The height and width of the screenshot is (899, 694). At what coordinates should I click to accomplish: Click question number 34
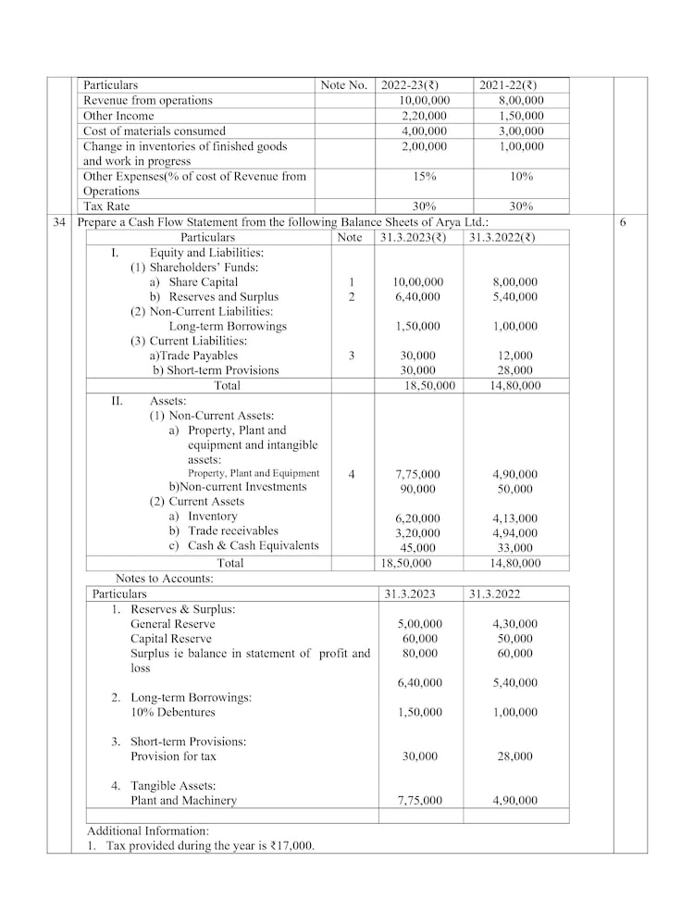[59, 223]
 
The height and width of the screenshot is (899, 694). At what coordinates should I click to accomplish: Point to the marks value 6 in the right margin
[622, 223]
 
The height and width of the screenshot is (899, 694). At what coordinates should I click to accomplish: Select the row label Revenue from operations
[148, 100]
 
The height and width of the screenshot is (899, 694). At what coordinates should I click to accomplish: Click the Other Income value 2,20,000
[424, 116]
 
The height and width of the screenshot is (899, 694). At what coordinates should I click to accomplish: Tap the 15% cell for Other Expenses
[424, 176]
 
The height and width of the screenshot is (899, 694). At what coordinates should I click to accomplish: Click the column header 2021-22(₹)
[510, 85]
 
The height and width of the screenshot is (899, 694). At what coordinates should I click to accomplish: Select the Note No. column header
[344, 85]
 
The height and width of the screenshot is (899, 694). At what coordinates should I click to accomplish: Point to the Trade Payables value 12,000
[514, 356]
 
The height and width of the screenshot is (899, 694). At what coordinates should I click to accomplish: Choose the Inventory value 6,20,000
[417, 518]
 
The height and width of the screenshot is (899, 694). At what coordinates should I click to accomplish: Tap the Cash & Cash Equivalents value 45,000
[417, 548]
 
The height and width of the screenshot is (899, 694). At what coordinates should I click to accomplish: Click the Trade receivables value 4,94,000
[514, 533]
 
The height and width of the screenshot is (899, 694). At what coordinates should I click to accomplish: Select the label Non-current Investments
[238, 487]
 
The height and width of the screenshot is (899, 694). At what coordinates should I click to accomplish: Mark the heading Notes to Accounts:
[164, 579]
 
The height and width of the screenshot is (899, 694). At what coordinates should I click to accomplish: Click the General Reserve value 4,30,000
[514, 624]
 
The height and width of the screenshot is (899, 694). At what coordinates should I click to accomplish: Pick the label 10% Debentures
[173, 712]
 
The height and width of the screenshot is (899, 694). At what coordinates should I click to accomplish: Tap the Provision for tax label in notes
[174, 756]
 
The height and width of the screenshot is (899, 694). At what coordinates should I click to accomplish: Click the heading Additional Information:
[147, 830]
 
